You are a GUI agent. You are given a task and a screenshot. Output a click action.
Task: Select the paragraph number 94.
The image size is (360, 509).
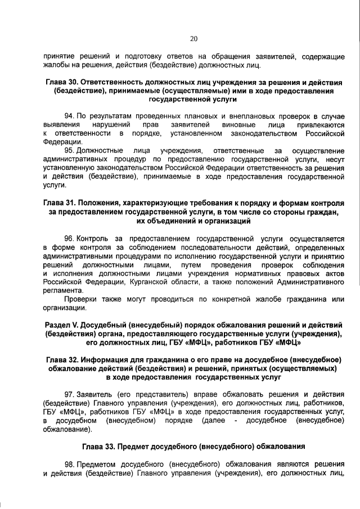(x=70, y=115)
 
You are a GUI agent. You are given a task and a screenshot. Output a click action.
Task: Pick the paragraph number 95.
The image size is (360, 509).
(x=70, y=151)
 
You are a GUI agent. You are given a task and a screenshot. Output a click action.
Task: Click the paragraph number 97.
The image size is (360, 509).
(x=70, y=395)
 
